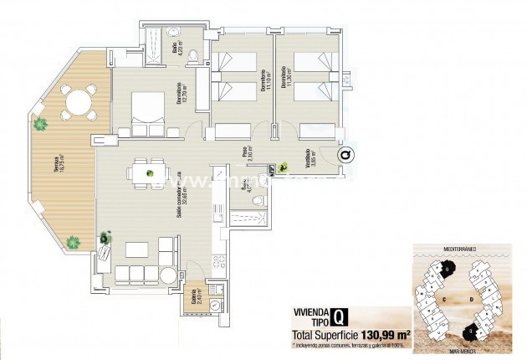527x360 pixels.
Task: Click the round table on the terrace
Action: (78, 103)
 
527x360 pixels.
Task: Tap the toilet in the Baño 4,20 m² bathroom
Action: (193, 56)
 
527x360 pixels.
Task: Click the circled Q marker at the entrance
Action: (345, 154)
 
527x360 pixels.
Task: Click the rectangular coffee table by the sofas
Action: (136, 249)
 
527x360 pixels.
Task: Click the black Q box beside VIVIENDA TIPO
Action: (339, 316)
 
